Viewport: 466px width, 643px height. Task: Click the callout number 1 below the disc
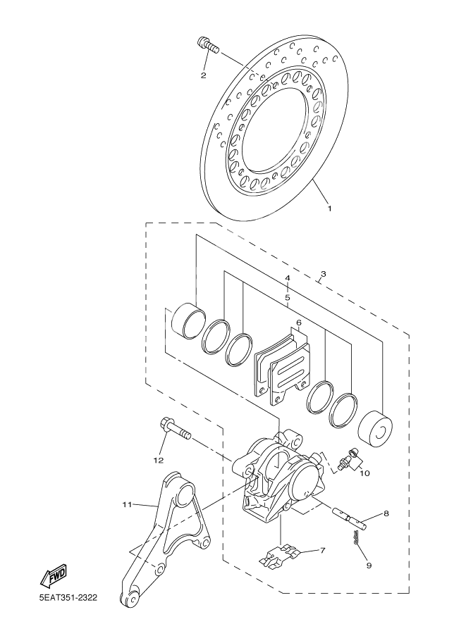pyautogui.click(x=329, y=208)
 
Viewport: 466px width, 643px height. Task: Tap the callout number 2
pyautogui.click(x=203, y=75)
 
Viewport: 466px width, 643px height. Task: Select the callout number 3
pyautogui.click(x=323, y=274)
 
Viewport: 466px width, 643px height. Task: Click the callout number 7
pyautogui.click(x=322, y=550)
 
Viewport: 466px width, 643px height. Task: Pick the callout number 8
pyautogui.click(x=386, y=514)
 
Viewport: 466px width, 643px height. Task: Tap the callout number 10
pyautogui.click(x=364, y=473)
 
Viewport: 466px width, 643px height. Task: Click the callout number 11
pyautogui.click(x=127, y=504)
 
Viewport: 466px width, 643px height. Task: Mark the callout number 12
pyautogui.click(x=158, y=460)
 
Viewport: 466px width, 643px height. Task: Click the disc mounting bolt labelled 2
pyautogui.click(x=208, y=46)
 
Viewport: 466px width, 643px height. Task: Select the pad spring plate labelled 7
pyautogui.click(x=283, y=556)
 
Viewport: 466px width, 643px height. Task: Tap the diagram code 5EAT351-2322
pyautogui.click(x=68, y=599)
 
